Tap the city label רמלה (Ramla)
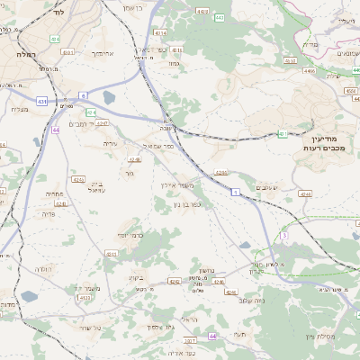(24, 54)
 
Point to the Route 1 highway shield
(235, 192)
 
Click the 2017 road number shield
(190, 339)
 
